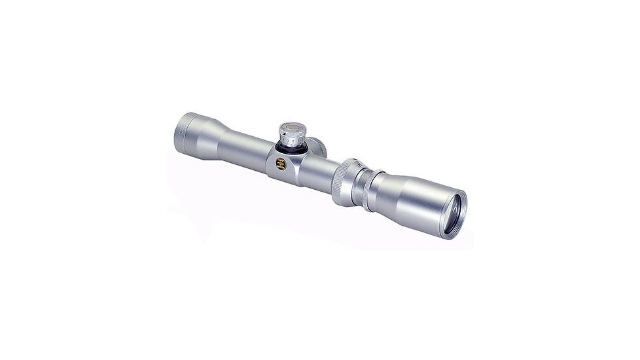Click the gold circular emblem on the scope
pos(281,164)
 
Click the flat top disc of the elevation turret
pos(292,127)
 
